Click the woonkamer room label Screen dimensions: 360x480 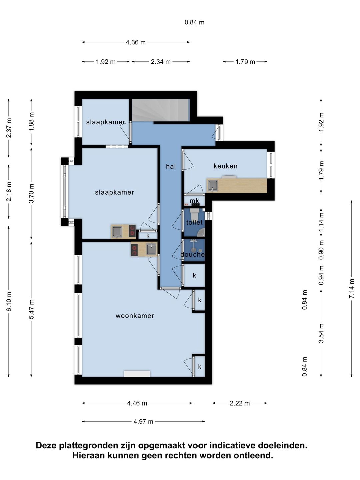[135, 316]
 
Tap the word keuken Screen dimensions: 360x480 [225, 166]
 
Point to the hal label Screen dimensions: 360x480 [171, 166]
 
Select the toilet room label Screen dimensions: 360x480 [194, 222]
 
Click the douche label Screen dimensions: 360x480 [193, 254]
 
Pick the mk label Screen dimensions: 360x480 [194, 201]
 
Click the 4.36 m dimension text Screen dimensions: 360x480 [136, 42]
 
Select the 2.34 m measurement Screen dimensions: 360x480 [160, 62]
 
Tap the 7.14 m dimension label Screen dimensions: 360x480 [351, 288]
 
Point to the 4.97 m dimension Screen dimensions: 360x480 [143, 421]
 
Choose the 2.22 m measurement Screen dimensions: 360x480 [240, 403]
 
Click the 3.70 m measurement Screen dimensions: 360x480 [31, 193]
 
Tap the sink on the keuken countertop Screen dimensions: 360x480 [212, 186]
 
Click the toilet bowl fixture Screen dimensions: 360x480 [194, 215]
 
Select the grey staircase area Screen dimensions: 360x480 [160, 110]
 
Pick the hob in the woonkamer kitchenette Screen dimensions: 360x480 [134, 250]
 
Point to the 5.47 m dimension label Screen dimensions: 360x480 [31, 309]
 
